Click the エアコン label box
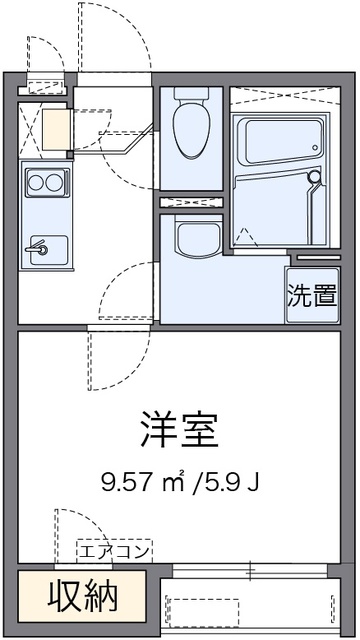click(114, 550)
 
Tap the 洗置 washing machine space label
click(311, 295)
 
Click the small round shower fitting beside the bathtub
click(315, 177)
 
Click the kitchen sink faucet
click(38, 245)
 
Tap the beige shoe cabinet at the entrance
click(55, 129)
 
